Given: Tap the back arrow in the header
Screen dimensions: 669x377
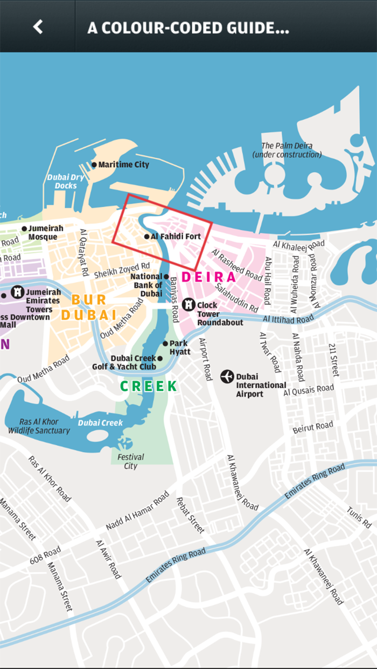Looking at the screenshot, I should [38, 26].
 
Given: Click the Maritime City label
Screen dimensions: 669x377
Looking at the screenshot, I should [123, 165].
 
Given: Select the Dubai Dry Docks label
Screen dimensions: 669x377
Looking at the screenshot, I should [66, 181].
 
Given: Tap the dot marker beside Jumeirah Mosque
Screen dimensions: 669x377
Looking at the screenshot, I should [24, 229].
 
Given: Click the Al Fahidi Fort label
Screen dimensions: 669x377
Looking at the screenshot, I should [176, 237].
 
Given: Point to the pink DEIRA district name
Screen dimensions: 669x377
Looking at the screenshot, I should [208, 277].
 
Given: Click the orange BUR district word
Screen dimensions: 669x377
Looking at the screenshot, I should [89, 299].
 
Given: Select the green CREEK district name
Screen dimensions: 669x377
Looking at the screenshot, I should [149, 386].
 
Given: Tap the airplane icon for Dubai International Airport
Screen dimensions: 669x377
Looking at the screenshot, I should [227, 376].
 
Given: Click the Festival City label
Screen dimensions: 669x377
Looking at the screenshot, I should [131, 461].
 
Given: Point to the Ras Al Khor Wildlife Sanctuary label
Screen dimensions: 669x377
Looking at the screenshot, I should [39, 426].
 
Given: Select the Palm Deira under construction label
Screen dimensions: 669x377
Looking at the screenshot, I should [287, 150].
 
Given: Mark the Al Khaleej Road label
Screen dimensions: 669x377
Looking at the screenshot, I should [299, 244].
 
